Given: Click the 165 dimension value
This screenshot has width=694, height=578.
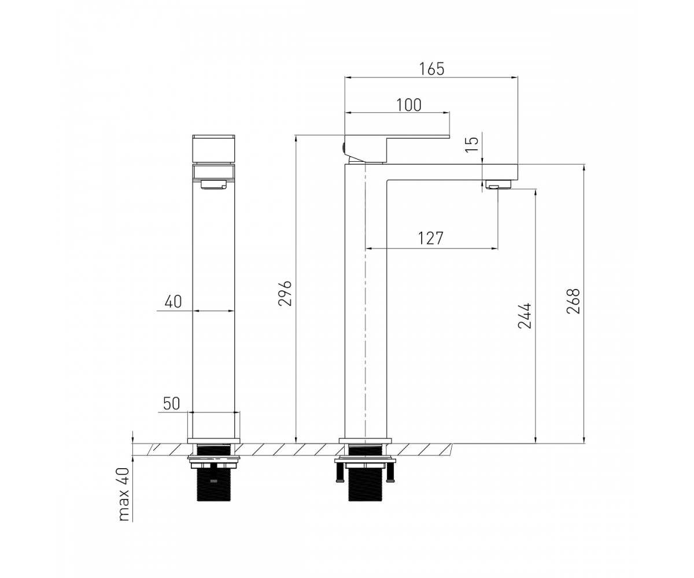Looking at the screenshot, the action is [431, 69].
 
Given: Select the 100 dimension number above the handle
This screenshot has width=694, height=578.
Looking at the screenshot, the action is [409, 105].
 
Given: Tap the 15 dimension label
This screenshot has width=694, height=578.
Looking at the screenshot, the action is [472, 144].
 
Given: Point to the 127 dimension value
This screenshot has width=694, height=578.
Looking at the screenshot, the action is [430, 238].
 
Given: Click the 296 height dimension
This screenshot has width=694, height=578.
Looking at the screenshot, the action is [285, 293].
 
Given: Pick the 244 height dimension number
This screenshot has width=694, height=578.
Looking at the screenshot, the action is [525, 316].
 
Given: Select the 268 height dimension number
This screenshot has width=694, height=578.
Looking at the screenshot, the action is [573, 301].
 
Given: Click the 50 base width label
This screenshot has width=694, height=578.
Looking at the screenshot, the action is [172, 403].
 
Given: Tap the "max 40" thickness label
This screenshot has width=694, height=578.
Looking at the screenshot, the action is [123, 494].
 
